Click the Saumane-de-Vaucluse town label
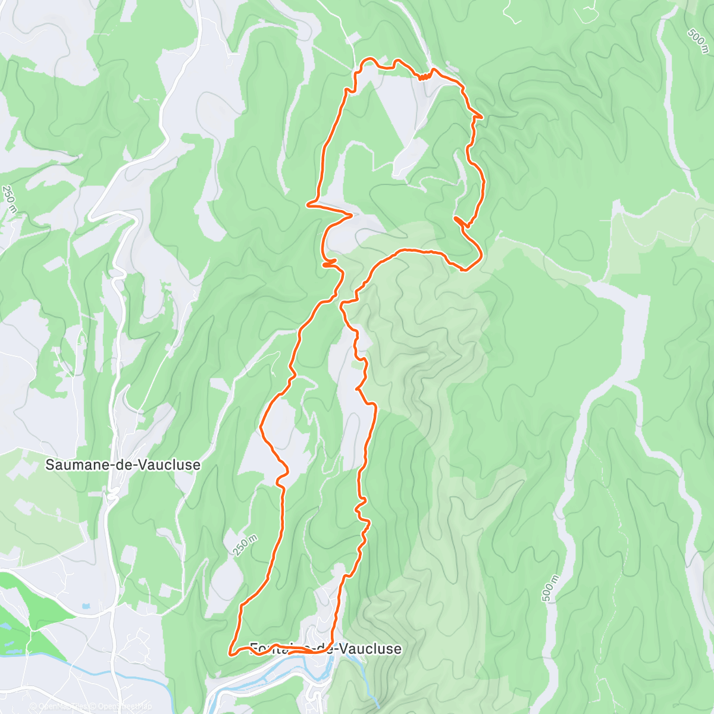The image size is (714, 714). [123, 465]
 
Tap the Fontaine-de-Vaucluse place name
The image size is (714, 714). [325, 648]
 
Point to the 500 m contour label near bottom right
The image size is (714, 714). [551, 588]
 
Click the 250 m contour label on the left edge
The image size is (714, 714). [9, 200]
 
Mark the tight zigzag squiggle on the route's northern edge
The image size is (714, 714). [424, 76]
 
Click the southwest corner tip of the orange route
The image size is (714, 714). [230, 653]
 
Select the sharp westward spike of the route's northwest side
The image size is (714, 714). [308, 205]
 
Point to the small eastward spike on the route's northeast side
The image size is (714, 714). [479, 118]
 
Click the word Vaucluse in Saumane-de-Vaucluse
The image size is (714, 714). [173, 465]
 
